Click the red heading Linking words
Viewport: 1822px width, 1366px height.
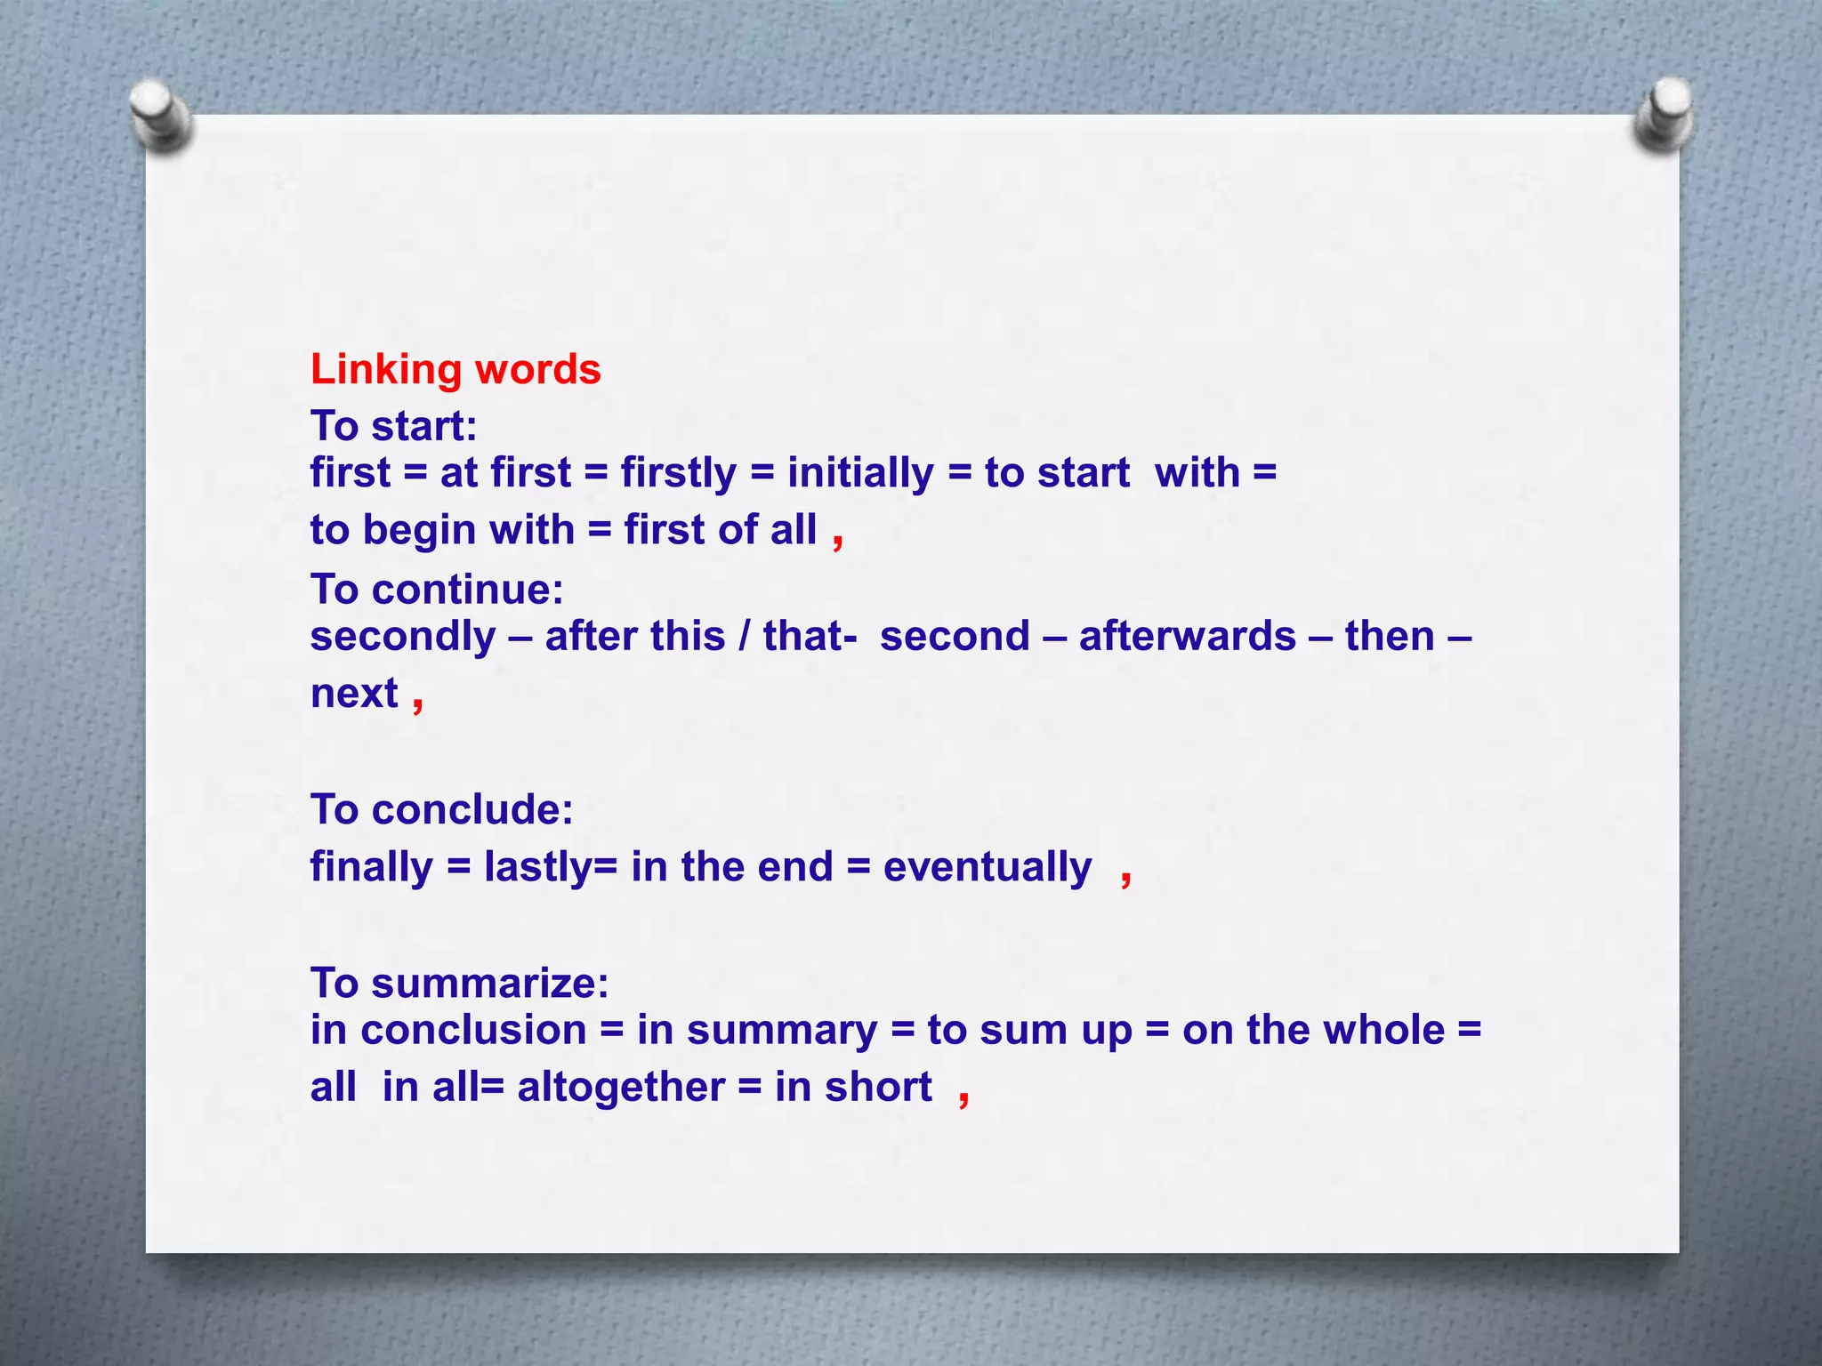pos(455,369)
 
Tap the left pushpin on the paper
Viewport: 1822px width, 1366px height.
pos(159,115)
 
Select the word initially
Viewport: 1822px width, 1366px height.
pos(859,473)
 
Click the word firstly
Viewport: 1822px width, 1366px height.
pos(678,473)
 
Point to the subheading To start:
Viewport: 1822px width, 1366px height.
pos(393,426)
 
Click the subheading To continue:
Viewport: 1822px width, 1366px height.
pos(437,589)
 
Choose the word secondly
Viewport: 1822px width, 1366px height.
pos(403,637)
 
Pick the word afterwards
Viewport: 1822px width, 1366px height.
pos(1187,637)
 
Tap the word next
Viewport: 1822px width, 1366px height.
pos(354,694)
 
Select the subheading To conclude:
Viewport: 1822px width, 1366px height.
pos(441,809)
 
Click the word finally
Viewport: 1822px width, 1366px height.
pos(371,867)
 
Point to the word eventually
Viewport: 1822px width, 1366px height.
pos(987,867)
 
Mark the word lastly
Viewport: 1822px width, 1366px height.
pos(538,867)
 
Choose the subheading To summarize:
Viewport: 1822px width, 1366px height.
pos(459,983)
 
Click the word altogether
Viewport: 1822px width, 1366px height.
pos(621,1087)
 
